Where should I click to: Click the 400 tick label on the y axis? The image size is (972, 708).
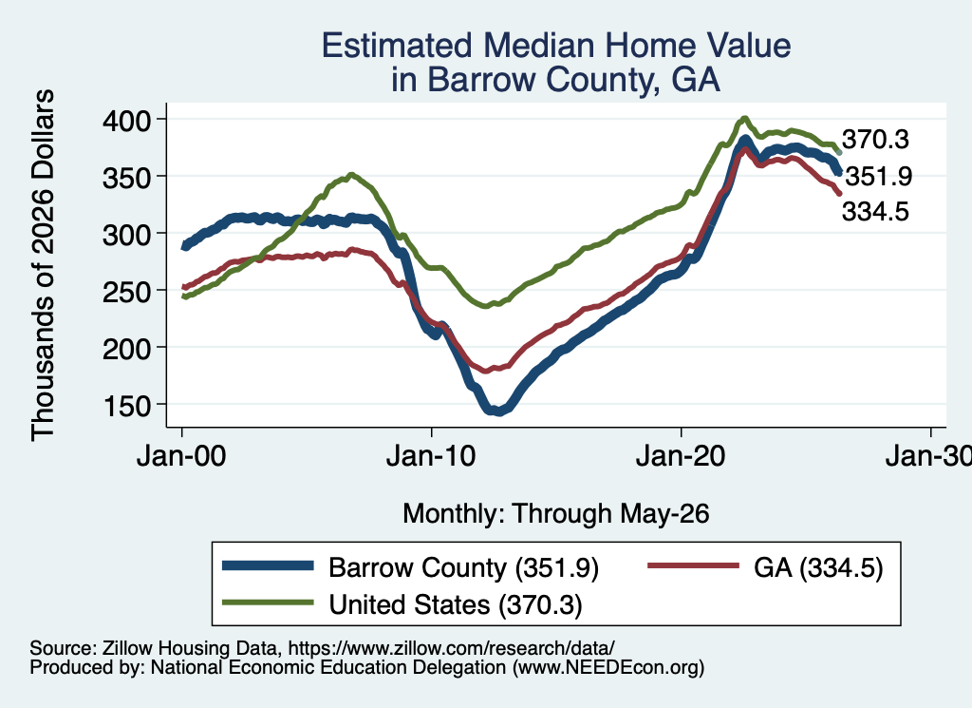(x=126, y=120)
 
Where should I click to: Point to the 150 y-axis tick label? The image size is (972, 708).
(x=126, y=406)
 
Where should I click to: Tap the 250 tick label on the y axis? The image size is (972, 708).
(x=126, y=292)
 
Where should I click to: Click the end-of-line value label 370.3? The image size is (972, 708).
(x=875, y=140)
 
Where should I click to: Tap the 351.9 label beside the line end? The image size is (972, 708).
(x=879, y=177)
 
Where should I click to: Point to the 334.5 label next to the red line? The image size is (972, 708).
(x=875, y=212)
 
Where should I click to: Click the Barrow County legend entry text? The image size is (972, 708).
(x=463, y=567)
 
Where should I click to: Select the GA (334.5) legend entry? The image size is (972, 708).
(x=818, y=567)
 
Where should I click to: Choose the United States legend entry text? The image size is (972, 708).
(x=456, y=604)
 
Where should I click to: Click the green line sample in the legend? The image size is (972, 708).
(x=268, y=602)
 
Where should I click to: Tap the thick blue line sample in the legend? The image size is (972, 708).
(x=268, y=565)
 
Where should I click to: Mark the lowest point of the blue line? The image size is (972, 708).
(x=498, y=411)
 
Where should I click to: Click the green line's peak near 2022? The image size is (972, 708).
(x=745, y=118)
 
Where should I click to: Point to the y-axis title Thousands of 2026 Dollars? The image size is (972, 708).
(x=43, y=265)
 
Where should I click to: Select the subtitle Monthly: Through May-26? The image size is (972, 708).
(x=556, y=514)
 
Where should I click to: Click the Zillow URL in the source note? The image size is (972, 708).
(x=451, y=648)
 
